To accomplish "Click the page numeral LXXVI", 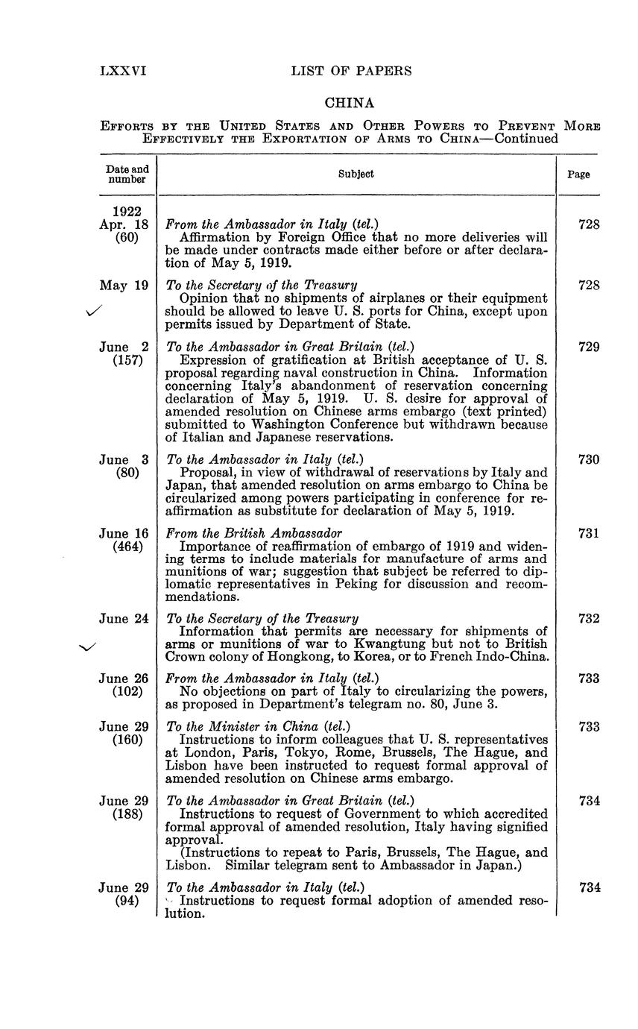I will tap(123, 72).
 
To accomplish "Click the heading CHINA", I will tap(350, 103).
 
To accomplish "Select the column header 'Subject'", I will tap(356, 174).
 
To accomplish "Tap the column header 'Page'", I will tap(578, 174).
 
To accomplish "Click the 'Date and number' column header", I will tap(127, 174).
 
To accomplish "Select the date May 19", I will tap(124, 285).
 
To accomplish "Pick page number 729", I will tap(589, 347).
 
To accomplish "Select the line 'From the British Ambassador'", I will tap(253, 533).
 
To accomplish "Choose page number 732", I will tap(589, 618).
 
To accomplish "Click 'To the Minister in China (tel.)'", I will tap(258, 726).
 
